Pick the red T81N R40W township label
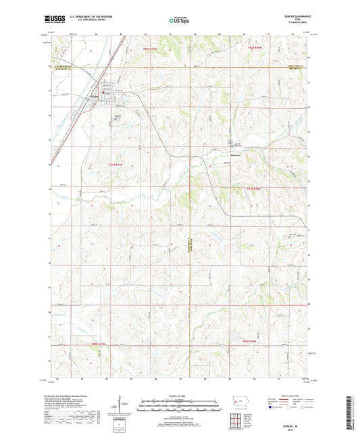point(253,187)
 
